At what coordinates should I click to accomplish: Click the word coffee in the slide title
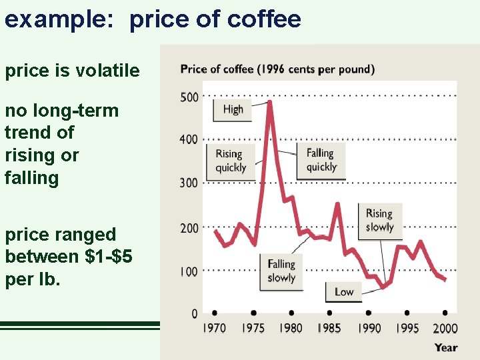click(264, 19)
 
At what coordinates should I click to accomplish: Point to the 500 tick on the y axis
click(189, 97)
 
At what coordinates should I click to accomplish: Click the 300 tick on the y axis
click(189, 183)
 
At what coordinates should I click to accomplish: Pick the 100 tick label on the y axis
click(189, 271)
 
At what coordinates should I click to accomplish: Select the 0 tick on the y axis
click(194, 313)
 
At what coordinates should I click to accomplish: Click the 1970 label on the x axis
click(214, 328)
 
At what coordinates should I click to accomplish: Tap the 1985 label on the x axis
click(329, 328)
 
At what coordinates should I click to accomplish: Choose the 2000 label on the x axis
click(445, 328)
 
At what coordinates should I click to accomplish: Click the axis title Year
click(446, 347)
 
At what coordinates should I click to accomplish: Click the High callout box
click(233, 110)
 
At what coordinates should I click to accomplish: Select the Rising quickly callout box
click(230, 161)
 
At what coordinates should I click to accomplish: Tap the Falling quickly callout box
click(321, 160)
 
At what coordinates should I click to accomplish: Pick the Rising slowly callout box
click(379, 221)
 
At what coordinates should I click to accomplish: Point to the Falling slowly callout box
click(281, 271)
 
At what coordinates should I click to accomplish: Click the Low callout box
click(344, 291)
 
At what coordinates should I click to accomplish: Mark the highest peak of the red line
click(270, 102)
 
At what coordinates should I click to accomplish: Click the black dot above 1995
click(407, 313)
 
